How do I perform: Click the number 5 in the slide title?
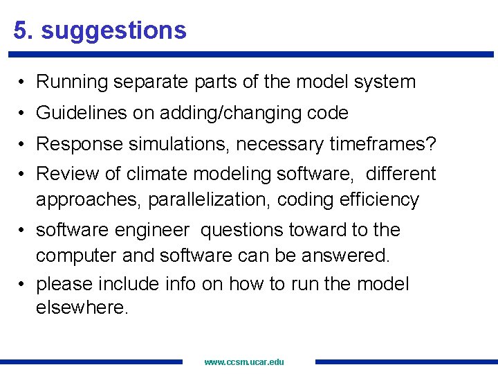21,30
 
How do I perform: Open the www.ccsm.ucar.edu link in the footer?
244,362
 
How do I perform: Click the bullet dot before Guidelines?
23,113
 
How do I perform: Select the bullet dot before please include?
23,285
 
